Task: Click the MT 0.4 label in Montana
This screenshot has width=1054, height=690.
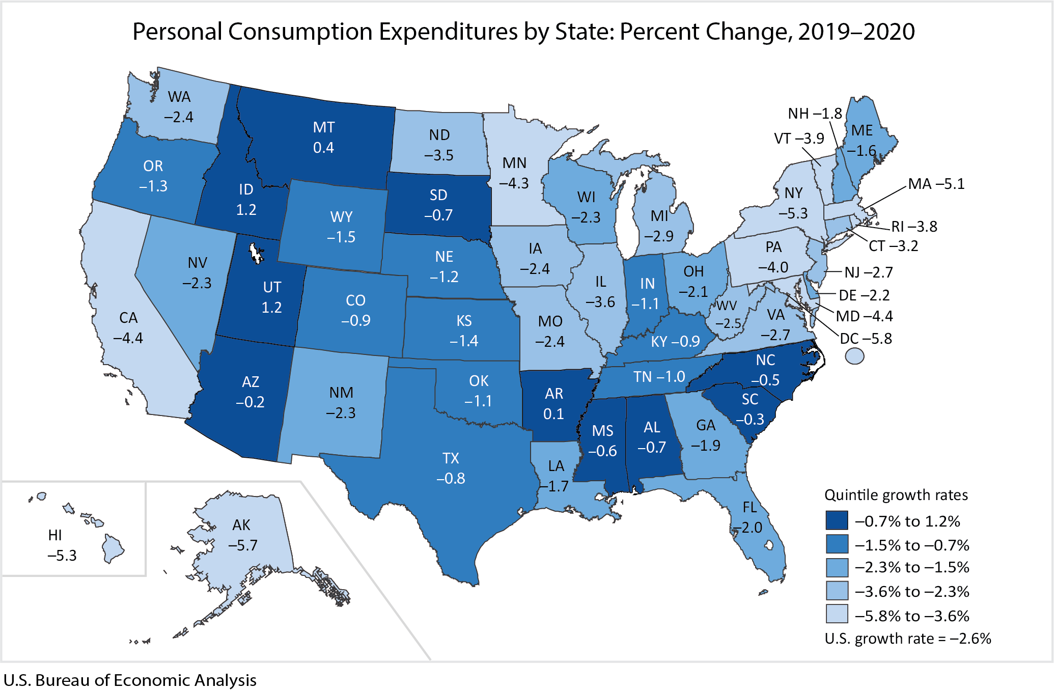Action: pyautogui.click(x=324, y=137)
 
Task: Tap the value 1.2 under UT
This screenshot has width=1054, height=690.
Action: pyautogui.click(x=271, y=308)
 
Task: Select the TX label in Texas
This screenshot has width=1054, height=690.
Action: pyautogui.click(x=451, y=458)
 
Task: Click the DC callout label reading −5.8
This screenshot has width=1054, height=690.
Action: pyautogui.click(x=866, y=339)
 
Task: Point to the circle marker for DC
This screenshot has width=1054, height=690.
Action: pyautogui.click(x=854, y=356)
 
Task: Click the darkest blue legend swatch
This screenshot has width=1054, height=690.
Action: pyautogui.click(x=837, y=521)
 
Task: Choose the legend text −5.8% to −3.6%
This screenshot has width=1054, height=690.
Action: pyautogui.click(x=911, y=616)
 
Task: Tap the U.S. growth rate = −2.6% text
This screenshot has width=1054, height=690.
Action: pyautogui.click(x=907, y=639)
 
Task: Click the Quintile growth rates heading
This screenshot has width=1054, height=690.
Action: pyautogui.click(x=896, y=495)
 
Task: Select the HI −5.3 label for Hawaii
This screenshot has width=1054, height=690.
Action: pyautogui.click(x=61, y=545)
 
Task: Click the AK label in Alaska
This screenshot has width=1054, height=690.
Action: pyautogui.click(x=241, y=525)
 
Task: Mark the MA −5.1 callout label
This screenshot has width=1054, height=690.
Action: pyautogui.click(x=936, y=184)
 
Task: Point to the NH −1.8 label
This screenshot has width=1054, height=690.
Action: pyautogui.click(x=815, y=114)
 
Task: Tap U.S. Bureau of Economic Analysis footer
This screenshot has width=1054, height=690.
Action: pyautogui.click(x=130, y=680)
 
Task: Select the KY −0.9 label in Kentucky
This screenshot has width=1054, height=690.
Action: pyautogui.click(x=675, y=341)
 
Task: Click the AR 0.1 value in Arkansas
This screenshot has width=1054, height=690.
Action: pyautogui.click(x=553, y=413)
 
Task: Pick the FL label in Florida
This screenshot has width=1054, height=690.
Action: pyautogui.click(x=750, y=507)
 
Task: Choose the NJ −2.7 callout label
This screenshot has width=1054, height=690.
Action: pyautogui.click(x=868, y=272)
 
